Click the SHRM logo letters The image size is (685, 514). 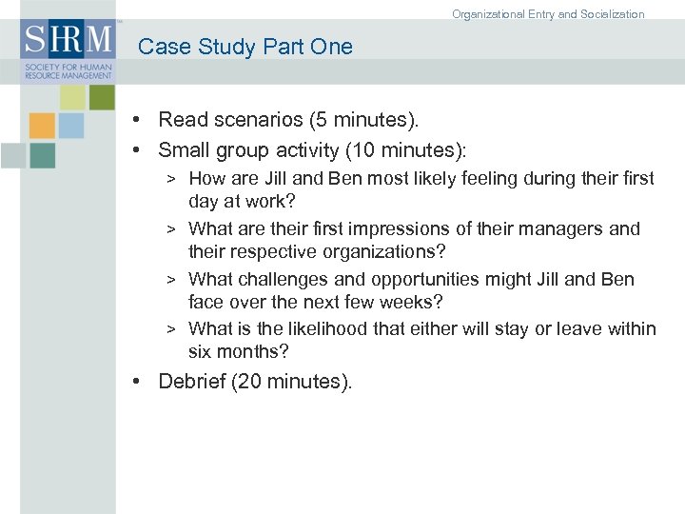click(68, 41)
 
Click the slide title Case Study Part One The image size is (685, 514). click(245, 47)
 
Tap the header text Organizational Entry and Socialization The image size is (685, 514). click(548, 14)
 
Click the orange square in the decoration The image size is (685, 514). click(42, 126)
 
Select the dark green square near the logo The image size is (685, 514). click(102, 97)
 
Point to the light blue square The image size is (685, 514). click(71, 126)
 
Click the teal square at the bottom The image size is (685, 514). click(42, 155)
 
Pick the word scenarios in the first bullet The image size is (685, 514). click(256, 120)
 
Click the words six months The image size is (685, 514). click(238, 352)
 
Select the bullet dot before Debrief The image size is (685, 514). click(139, 382)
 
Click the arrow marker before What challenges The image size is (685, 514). click(171, 280)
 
